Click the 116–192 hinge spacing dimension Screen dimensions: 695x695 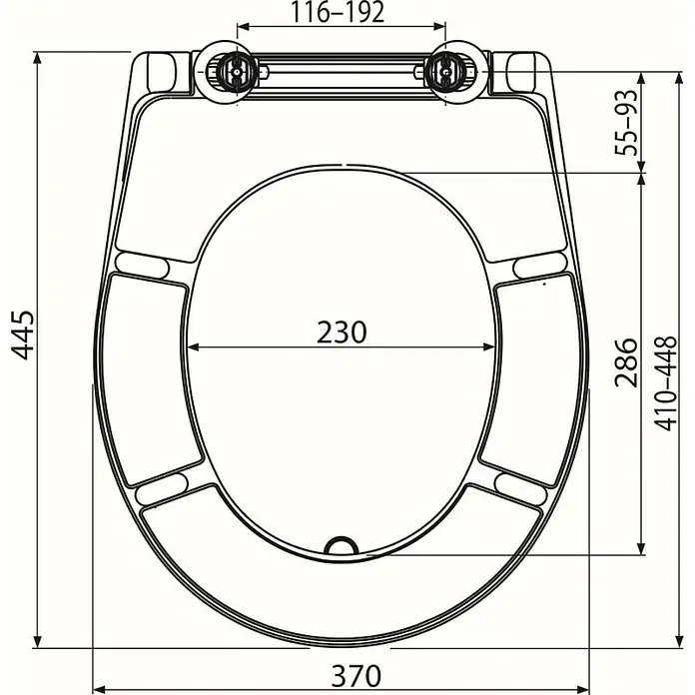point(338,13)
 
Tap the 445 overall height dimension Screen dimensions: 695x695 point(22,336)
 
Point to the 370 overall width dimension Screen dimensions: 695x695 point(355,675)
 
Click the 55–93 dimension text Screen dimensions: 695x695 point(626,123)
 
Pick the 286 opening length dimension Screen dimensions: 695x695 point(626,362)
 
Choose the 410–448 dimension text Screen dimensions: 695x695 point(666,383)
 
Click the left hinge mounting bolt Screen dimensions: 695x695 point(237,71)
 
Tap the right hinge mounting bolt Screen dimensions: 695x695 point(445,71)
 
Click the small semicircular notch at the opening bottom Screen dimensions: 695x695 point(342,545)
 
